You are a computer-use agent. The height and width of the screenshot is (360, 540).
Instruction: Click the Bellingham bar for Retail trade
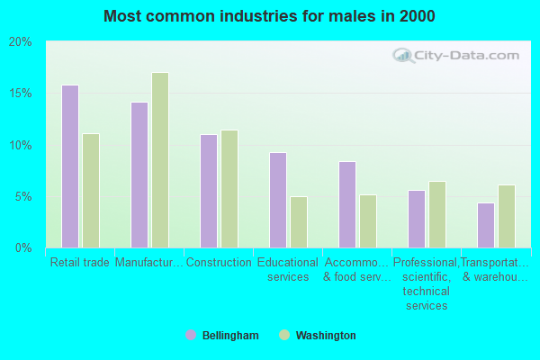[x=70, y=166]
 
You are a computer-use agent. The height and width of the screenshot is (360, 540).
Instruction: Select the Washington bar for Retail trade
[x=91, y=191]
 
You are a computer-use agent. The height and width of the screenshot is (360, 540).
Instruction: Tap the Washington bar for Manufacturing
[x=160, y=160]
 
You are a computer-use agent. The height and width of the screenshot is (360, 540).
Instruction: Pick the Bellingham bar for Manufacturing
[x=139, y=175]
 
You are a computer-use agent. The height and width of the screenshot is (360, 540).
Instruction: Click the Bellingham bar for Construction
[x=209, y=191]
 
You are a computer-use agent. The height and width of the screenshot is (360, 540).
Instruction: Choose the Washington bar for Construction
[x=229, y=189]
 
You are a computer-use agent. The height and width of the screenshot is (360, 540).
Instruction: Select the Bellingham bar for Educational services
[x=278, y=200]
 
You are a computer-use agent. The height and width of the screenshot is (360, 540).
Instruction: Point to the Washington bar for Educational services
[x=299, y=221]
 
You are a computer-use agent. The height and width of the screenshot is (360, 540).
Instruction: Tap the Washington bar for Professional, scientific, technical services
[x=437, y=214]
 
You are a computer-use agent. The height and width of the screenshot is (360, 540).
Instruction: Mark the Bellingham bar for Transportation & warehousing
[x=486, y=225]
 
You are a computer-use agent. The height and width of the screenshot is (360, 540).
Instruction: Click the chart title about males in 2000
[x=269, y=16]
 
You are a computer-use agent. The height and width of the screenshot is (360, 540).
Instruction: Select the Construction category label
[x=219, y=263]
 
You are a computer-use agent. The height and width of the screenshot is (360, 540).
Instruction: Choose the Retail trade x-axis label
[x=80, y=263]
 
